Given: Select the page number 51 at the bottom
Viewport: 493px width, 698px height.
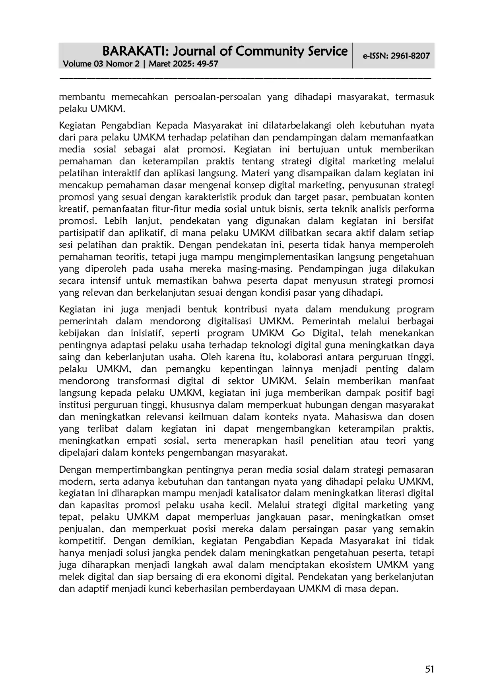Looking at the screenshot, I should click(429, 669).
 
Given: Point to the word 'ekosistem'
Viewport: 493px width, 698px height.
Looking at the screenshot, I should click(350, 565).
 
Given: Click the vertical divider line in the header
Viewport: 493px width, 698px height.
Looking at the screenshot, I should click(353, 55).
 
